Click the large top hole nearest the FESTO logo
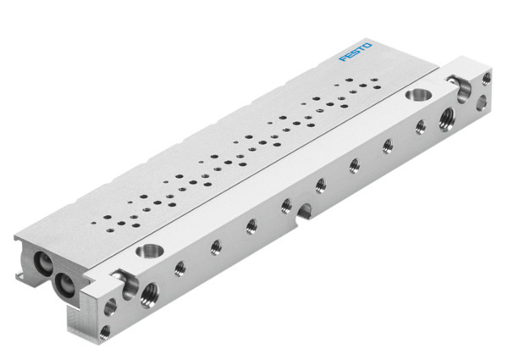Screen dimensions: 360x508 coord(417,95)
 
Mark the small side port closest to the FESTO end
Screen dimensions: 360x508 coord(419,127)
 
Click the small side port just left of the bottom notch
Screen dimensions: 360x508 coord(286,203)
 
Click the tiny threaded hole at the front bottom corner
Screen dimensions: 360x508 coord(103,332)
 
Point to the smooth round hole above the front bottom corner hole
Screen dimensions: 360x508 coord(110,303)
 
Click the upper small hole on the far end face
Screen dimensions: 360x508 coord(486,79)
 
